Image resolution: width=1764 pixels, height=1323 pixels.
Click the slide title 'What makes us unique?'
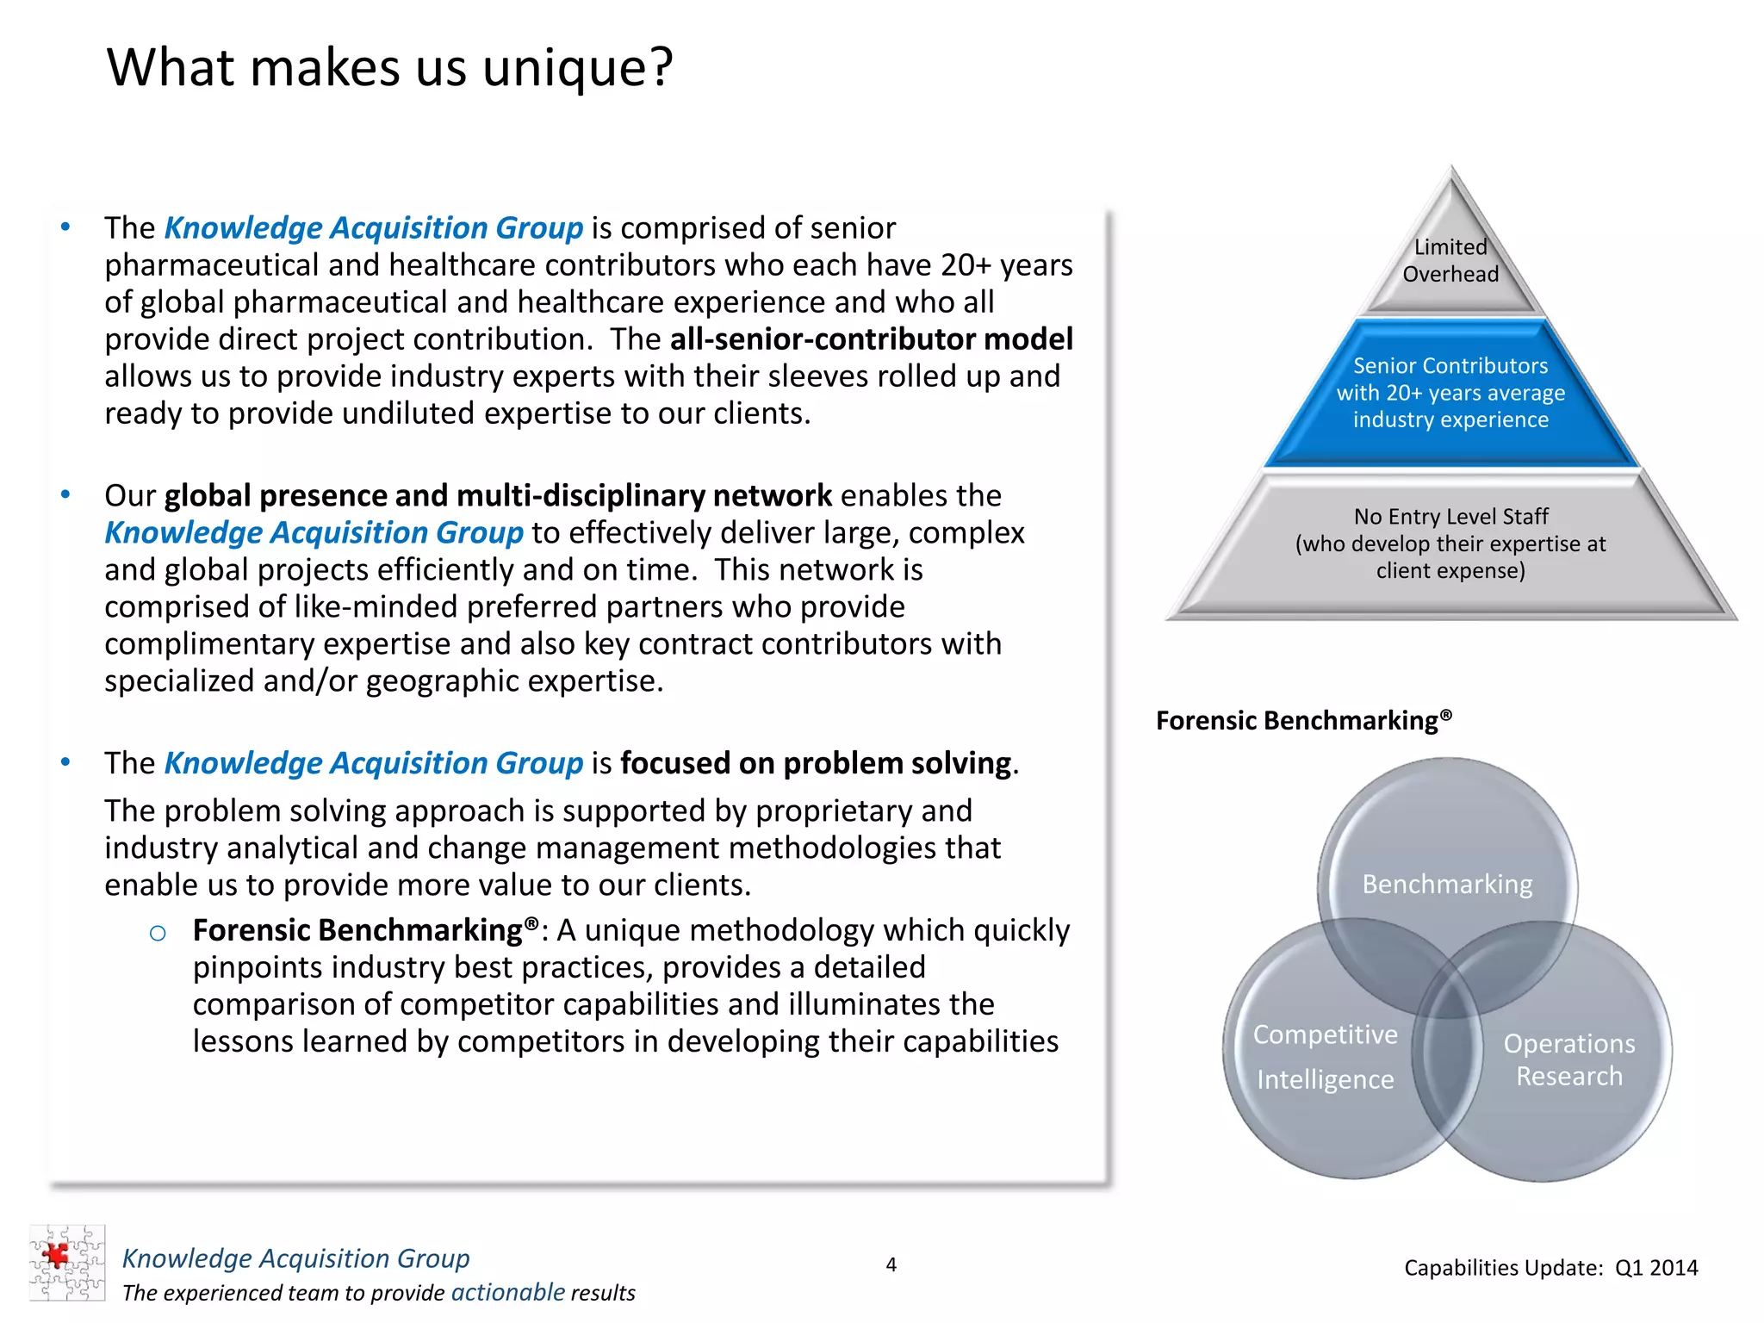pos(389,67)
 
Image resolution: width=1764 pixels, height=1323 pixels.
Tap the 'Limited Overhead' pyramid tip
pos(1450,260)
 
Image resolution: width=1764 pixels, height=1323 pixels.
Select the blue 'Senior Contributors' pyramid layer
pos(1450,393)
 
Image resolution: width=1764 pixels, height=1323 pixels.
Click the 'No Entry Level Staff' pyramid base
pos(1450,543)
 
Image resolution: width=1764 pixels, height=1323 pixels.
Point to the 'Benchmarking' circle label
pos(1447,885)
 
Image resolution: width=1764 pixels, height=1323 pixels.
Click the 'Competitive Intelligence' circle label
pos(1325,1056)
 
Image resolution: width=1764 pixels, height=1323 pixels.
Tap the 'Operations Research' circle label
pos(1568,1059)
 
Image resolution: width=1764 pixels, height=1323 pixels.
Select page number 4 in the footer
pos(891,1264)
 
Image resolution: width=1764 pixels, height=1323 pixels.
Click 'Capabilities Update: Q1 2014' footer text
pos(1550,1268)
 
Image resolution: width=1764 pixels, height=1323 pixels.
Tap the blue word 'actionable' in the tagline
pos(507,1292)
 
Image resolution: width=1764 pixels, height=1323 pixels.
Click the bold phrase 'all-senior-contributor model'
pos(871,339)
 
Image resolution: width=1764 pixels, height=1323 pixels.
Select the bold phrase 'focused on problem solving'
pos(815,763)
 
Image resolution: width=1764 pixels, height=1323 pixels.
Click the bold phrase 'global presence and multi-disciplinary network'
pos(498,496)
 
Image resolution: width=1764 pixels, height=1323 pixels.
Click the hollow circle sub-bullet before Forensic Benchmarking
pos(158,933)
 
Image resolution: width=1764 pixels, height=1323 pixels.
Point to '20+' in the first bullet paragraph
pos(966,265)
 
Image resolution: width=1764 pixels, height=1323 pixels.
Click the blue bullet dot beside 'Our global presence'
pos(65,495)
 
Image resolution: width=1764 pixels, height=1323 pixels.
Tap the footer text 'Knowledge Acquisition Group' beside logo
pos(295,1258)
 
